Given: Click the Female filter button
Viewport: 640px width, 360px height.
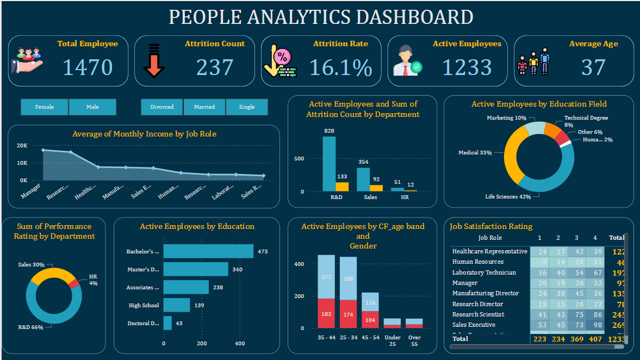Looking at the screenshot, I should coord(45,107).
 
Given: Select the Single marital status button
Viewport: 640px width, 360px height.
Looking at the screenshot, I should coord(247,107).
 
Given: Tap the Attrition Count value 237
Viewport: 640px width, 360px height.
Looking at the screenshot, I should coord(215,67).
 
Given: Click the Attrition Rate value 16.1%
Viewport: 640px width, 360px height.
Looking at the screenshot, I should coord(341,67).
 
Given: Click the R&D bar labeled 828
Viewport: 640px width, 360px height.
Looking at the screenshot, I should coord(329,163).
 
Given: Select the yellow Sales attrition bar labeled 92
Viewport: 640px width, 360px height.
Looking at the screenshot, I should coord(376,188).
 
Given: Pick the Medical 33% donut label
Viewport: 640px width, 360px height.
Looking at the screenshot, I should coord(475,153).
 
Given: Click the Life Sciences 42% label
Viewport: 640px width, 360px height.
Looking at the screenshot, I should coord(508,197).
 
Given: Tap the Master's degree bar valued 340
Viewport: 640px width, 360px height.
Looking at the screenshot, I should coord(196,269).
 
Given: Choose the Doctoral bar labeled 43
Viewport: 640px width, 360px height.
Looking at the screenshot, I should coord(167,323).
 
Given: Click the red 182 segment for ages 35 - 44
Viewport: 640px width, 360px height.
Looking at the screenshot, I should coord(326,313).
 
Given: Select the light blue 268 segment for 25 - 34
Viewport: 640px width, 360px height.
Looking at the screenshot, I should coord(348,278).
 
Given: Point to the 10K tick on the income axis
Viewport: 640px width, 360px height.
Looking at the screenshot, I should coord(23,163).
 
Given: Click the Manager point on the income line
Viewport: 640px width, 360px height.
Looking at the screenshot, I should coord(43,150).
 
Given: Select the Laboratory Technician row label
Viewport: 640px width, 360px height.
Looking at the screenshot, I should coord(484,272).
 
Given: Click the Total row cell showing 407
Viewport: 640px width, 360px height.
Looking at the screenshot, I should coord(594,339).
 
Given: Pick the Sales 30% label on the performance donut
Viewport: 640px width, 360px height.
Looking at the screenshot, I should coord(30,265).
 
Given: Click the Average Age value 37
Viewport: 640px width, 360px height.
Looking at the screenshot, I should coord(593,67).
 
